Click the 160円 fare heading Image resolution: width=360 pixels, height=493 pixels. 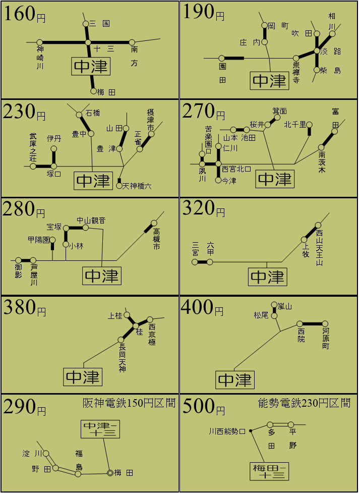click(x=25, y=14)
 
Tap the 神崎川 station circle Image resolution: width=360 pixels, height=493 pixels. click(x=40, y=42)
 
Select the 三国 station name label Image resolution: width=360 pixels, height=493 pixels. click(x=100, y=24)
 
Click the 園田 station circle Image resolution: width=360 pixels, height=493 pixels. click(x=222, y=58)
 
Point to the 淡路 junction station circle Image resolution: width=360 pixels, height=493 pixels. click(x=317, y=50)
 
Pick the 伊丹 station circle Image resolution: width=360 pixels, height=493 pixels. click(x=54, y=148)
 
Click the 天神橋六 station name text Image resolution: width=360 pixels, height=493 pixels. click(x=137, y=186)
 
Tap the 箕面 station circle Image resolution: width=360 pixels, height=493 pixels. click(x=277, y=118)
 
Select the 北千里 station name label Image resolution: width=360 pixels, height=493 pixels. click(x=295, y=125)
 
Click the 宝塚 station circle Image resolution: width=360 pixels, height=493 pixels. click(x=66, y=227)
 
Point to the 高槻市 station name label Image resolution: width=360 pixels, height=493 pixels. click(x=156, y=239)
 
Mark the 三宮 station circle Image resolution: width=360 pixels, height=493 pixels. click(x=195, y=262)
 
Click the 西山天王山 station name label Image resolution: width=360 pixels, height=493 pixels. click(x=319, y=248)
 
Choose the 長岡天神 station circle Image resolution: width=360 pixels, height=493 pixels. click(x=121, y=340)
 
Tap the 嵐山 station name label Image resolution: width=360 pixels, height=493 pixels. click(x=284, y=306)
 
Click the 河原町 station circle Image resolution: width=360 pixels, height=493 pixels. click(x=325, y=323)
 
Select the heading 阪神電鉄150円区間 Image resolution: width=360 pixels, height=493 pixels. click(x=129, y=403)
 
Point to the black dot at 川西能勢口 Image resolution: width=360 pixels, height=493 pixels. click(x=251, y=431)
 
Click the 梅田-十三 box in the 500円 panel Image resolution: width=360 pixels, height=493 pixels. click(x=269, y=471)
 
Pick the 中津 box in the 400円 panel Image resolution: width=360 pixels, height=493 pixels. click(x=235, y=380)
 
